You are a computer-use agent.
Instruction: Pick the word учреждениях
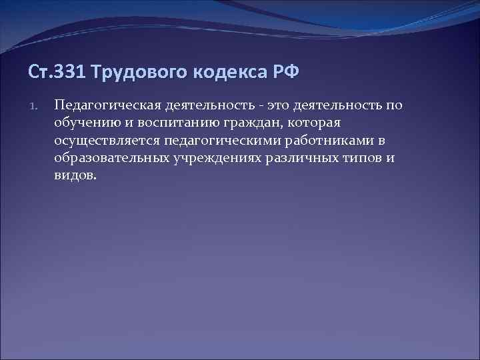tap(216, 159)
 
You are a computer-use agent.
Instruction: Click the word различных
tap(302, 159)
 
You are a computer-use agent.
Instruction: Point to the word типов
tap(364, 159)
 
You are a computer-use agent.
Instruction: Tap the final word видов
tap(75, 176)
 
